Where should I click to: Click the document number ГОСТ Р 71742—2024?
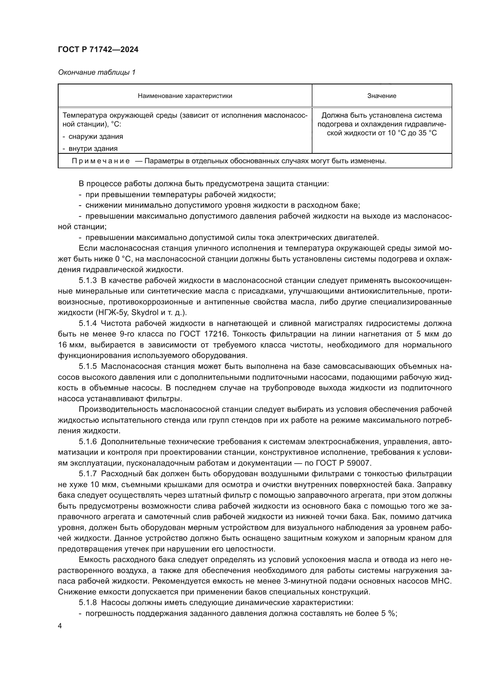[98, 50]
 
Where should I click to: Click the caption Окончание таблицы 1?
[97, 72]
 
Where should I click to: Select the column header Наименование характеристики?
[185, 96]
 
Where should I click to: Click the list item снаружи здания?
[96, 137]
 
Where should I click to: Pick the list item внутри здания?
[93, 148]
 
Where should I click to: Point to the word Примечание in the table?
[101, 161]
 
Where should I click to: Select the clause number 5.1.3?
[87, 281]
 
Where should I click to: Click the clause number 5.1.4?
[87, 323]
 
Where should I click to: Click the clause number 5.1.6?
[87, 442]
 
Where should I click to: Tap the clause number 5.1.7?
[87, 474]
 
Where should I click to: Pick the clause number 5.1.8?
[87, 603]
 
